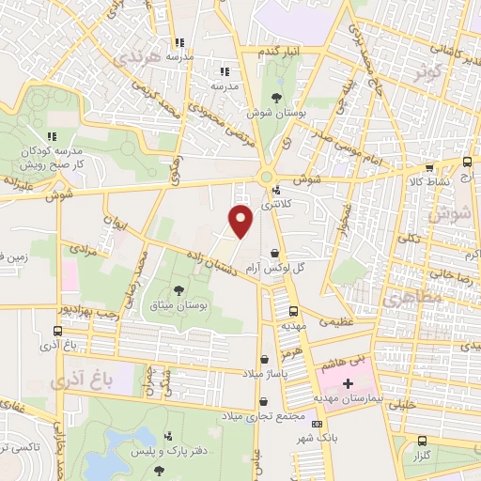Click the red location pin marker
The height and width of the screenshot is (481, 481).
coord(241,221)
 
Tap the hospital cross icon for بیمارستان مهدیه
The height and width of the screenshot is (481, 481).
coord(349,383)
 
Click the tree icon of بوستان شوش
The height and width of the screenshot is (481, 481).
coord(276,98)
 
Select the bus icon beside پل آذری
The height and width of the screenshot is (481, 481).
coord(58,332)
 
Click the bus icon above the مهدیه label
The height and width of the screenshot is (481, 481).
coord(294,311)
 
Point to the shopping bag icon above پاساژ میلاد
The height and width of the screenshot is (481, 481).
coord(265,358)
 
